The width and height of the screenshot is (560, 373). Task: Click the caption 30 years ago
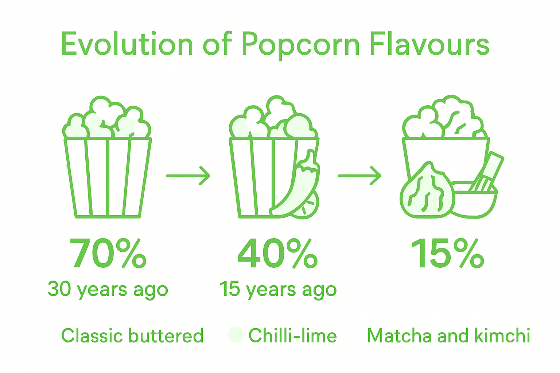point(108,290)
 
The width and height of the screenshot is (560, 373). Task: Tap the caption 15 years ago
point(278,290)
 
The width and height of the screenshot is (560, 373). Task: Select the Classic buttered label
point(132,335)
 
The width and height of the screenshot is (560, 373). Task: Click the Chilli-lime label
point(292,335)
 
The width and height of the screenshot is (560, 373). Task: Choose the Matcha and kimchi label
point(448,335)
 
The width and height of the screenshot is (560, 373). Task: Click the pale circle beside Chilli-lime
point(236,334)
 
